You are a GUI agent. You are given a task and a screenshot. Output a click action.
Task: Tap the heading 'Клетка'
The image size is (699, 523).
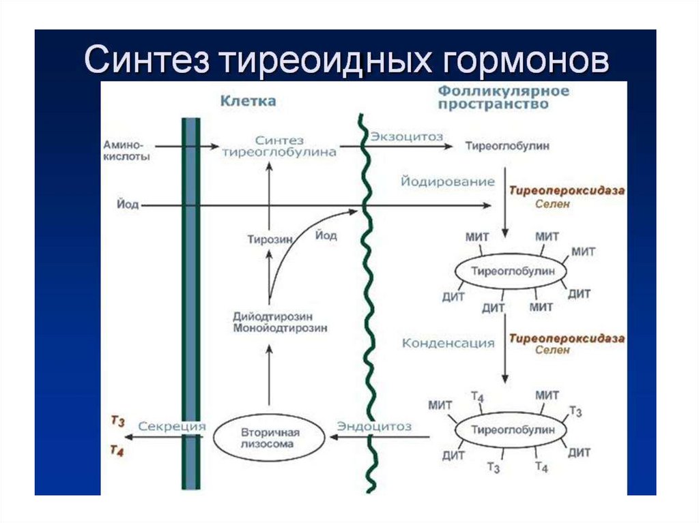pos(248,101)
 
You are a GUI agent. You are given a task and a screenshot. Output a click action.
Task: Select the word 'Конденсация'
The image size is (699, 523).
pos(448,343)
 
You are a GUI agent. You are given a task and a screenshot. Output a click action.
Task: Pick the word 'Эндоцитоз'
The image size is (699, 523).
pos(374,426)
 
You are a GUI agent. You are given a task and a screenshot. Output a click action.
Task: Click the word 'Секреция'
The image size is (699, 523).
pos(172,426)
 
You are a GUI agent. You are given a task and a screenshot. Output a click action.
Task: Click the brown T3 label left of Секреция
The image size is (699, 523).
pos(117,422)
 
